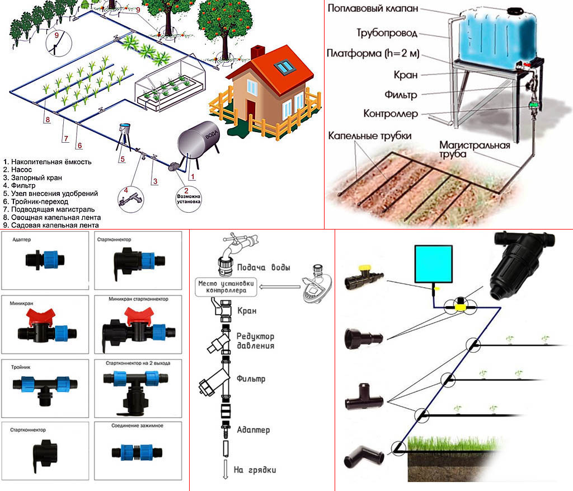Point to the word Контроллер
point(391,114)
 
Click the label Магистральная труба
point(474,149)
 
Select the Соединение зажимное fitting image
point(137,452)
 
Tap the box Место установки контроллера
point(226,287)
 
